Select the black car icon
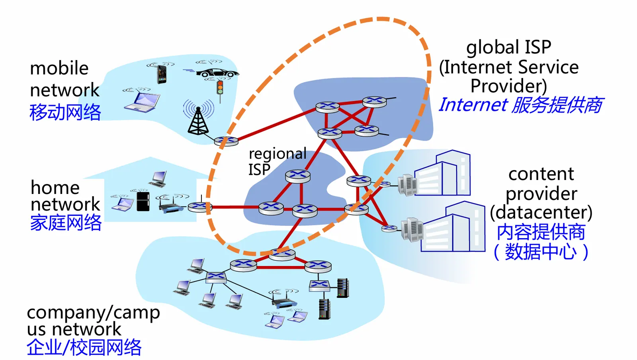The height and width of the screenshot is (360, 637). pyautogui.click(x=217, y=73)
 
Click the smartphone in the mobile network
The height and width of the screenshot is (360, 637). pyautogui.click(x=162, y=74)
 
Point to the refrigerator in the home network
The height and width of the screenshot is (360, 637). pyautogui.click(x=143, y=201)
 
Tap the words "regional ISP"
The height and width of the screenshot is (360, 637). pyautogui.click(x=277, y=161)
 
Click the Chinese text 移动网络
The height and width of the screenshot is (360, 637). pyautogui.click(x=65, y=112)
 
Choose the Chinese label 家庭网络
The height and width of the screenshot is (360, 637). pyautogui.click(x=66, y=223)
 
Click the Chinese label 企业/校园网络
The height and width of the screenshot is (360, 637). pyautogui.click(x=84, y=347)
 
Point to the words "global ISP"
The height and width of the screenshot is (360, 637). pyautogui.click(x=508, y=47)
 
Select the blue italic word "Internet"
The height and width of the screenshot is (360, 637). pyautogui.click(x=473, y=105)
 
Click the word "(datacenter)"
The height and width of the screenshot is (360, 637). pyautogui.click(x=541, y=212)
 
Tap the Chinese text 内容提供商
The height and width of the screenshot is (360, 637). pyautogui.click(x=541, y=232)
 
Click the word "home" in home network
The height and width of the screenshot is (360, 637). pyautogui.click(x=55, y=188)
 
